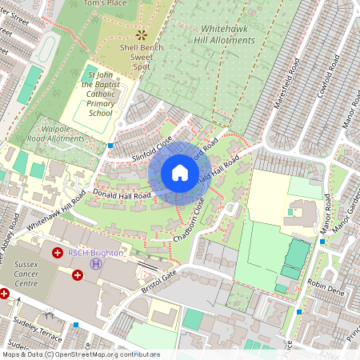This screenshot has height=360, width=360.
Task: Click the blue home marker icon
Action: (x=180, y=173)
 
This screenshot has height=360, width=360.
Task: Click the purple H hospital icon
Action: (x=96, y=263)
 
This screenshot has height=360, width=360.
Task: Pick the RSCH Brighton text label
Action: (x=95, y=252)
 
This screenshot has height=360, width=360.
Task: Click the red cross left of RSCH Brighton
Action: (x=58, y=253)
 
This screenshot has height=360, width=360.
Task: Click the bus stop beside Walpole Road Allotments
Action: (x=110, y=146)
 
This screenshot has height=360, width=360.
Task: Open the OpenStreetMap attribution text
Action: (x=80, y=354)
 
